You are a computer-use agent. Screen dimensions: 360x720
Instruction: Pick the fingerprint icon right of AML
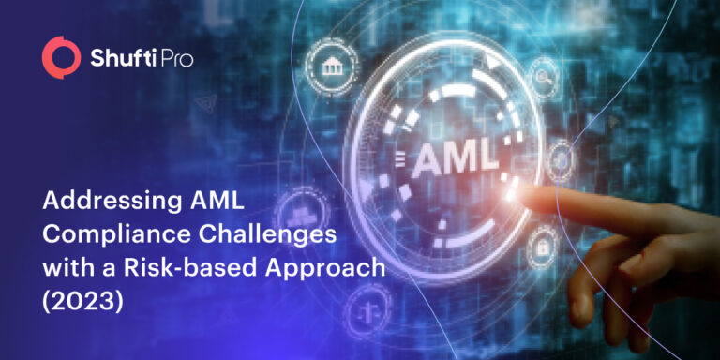pos(561,157)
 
